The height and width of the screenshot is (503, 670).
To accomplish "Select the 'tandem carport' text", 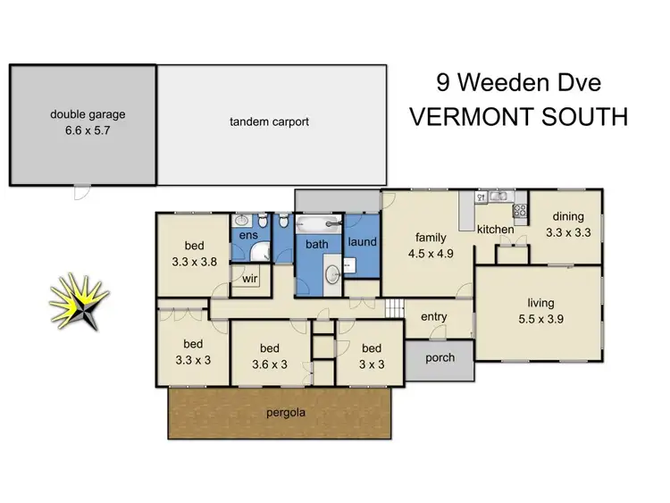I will point(269,122).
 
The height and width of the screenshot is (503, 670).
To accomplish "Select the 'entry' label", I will point(433,317).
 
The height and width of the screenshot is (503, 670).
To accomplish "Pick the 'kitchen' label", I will point(495,230).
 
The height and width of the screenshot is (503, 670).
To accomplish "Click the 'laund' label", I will point(362,242).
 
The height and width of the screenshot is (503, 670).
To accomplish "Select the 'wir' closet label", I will point(249,278).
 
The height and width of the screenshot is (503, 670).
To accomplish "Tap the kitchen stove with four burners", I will point(519,211).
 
